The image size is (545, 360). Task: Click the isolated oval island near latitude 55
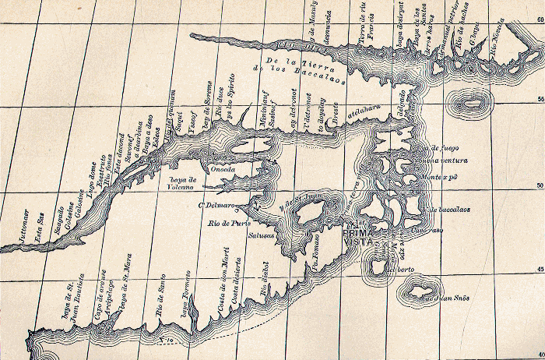pyautogui.click(x=472, y=103)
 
